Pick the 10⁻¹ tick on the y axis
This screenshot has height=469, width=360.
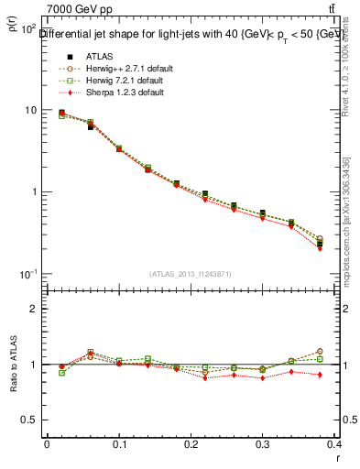click(x=29, y=275)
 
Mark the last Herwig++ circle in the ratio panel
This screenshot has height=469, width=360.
click(x=320, y=351)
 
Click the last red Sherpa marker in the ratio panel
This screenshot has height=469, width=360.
click(x=320, y=374)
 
